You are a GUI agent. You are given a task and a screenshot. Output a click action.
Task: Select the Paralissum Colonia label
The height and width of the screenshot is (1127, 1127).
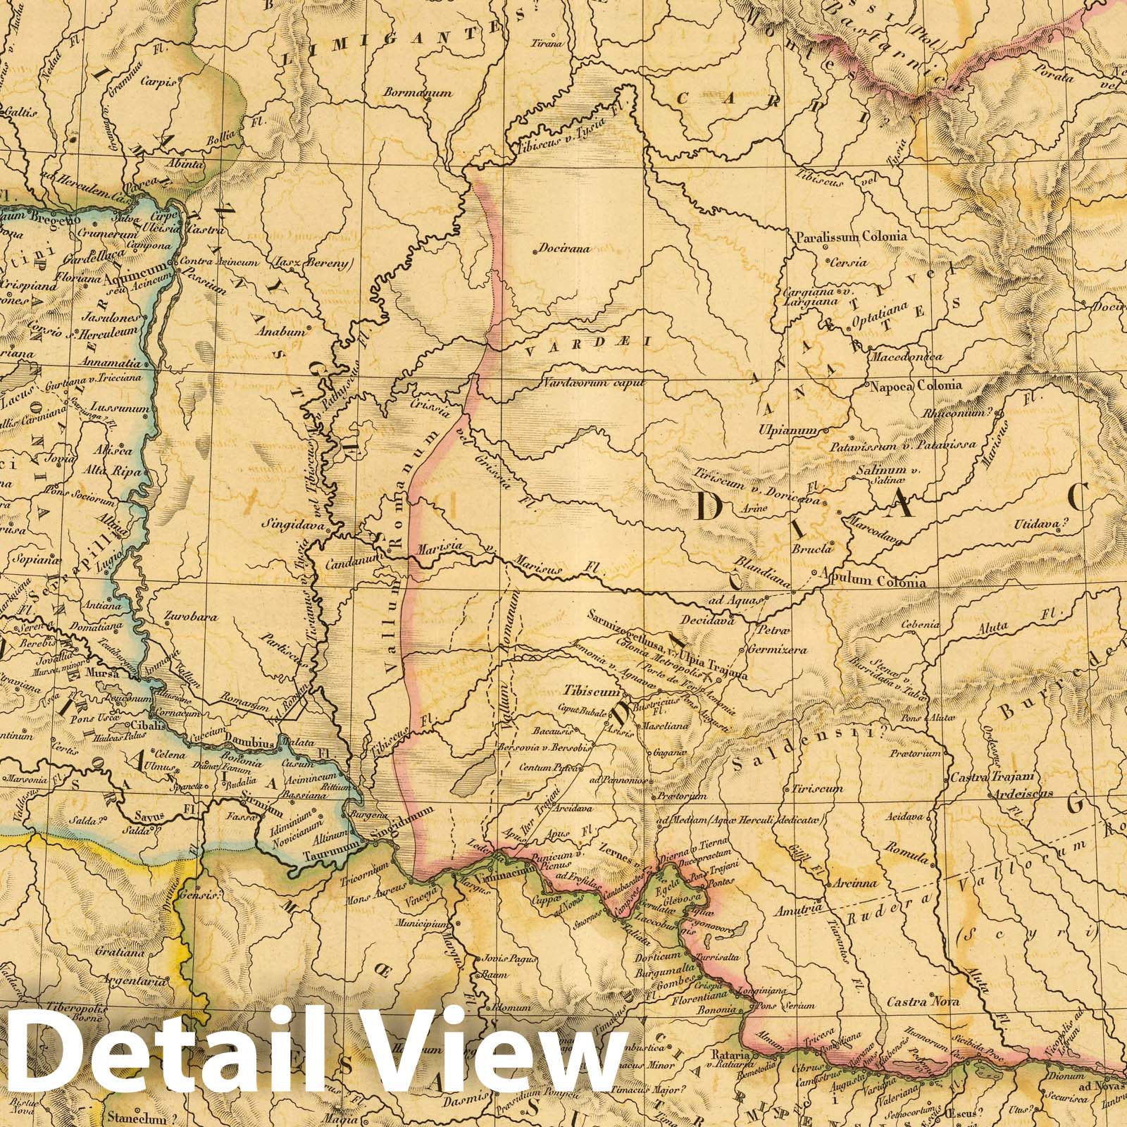click(x=851, y=237)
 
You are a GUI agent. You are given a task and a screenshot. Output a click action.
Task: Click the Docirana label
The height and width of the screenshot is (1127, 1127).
click(x=563, y=249)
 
